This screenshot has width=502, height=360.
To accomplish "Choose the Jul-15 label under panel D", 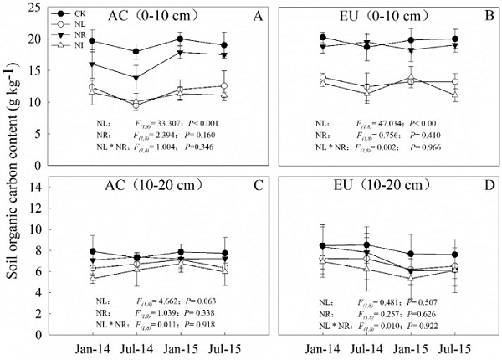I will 453,347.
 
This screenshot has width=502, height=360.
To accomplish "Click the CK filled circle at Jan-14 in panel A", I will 91,40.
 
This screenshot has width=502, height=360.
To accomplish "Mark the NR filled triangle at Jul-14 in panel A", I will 136,78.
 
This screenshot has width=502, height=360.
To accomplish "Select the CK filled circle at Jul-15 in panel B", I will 454,39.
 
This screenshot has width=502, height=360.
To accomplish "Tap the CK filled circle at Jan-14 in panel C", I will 91,251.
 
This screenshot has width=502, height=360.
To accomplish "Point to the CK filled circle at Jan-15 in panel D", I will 410,254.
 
